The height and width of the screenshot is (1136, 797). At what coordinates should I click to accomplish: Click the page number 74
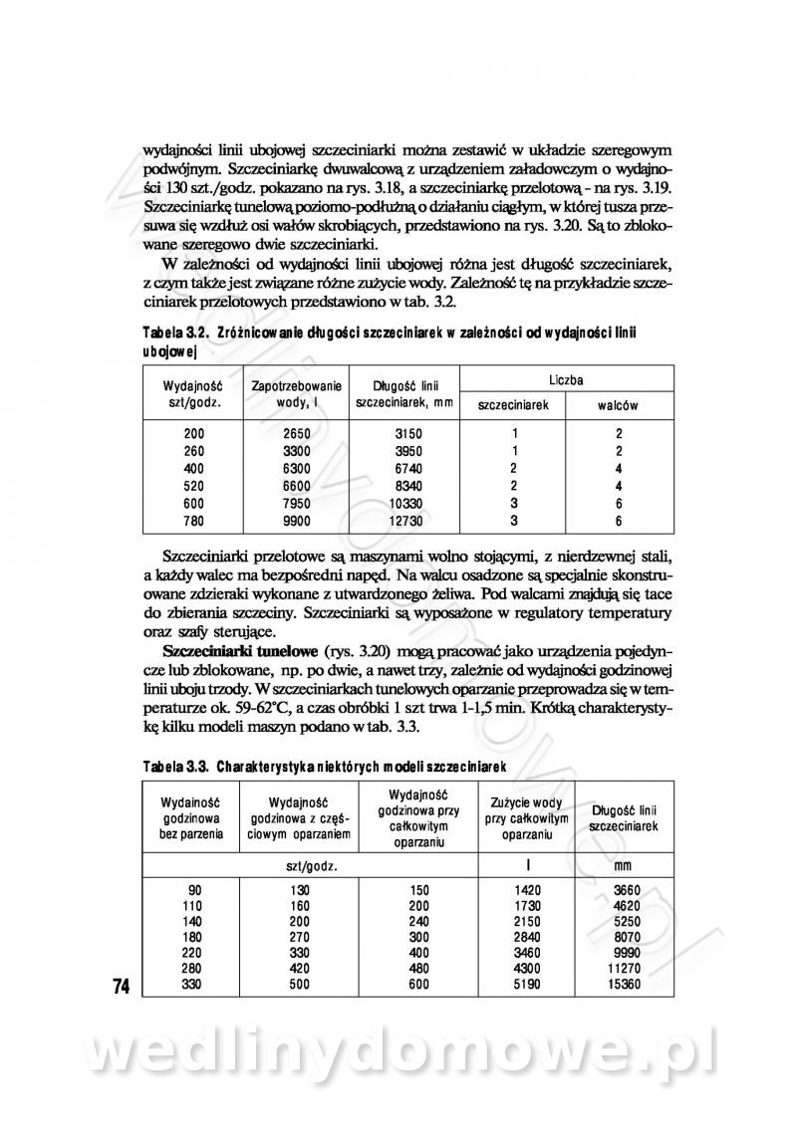point(122,987)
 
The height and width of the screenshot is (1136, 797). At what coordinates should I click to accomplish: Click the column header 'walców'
point(618,406)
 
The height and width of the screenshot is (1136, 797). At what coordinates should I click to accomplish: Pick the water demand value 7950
point(297,504)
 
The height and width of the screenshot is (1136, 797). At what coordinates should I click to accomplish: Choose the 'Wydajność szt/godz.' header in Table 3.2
point(193,393)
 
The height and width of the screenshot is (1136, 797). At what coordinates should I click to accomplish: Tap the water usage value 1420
point(528,889)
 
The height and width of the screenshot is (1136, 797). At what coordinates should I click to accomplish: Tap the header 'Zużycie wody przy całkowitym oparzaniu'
point(528,818)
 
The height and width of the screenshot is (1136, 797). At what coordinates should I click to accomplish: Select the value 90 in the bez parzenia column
point(194,889)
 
